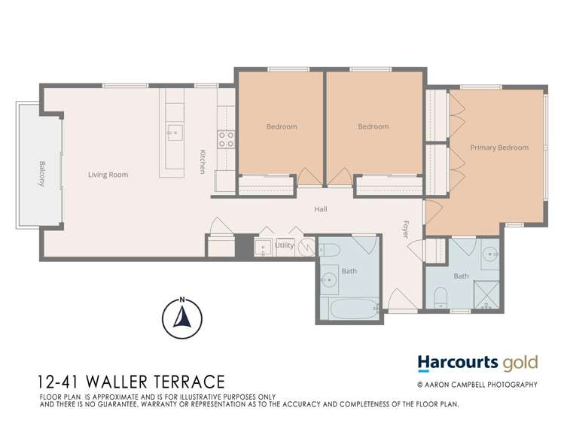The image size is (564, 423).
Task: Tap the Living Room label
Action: tap(108, 175)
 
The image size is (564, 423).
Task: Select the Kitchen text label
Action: tap(203, 162)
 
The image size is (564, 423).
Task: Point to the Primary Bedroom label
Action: tap(499, 148)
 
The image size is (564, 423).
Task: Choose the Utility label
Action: tap(284, 245)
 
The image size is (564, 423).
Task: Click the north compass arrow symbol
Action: tap(181, 319)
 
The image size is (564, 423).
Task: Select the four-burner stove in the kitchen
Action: tap(225, 138)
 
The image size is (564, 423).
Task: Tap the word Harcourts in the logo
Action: tap(460, 363)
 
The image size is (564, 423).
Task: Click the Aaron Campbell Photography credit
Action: tap(477, 385)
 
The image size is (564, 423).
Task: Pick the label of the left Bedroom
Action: tap(282, 126)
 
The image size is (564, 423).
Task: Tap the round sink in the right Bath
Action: tap(490, 253)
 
